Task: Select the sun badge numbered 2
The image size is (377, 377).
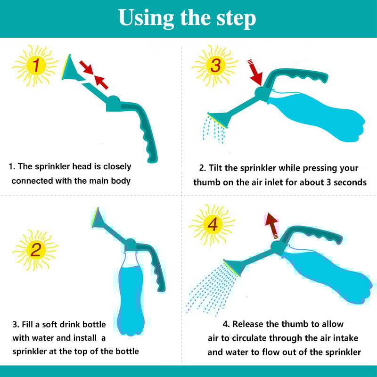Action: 35,250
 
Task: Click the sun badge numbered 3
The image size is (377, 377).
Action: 215,66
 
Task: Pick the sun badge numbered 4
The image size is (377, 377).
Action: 212,225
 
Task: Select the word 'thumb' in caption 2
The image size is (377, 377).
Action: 207,182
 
